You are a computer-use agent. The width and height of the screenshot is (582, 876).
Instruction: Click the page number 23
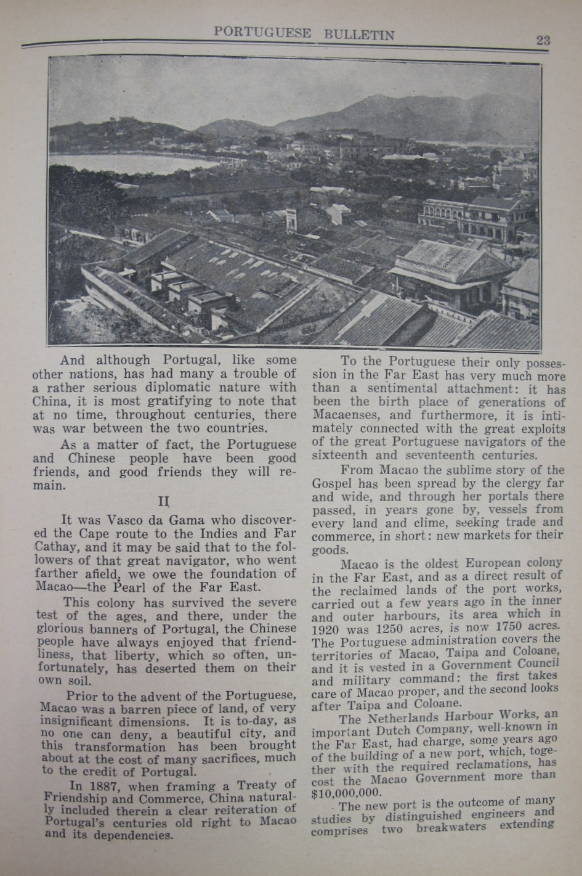(543, 40)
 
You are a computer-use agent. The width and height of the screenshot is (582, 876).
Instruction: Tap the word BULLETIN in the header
(359, 35)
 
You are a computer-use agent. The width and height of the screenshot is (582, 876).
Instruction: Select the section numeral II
(163, 502)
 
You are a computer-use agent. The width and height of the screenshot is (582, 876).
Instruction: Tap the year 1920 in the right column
(326, 630)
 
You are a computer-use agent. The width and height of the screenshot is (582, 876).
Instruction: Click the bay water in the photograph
(123, 162)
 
